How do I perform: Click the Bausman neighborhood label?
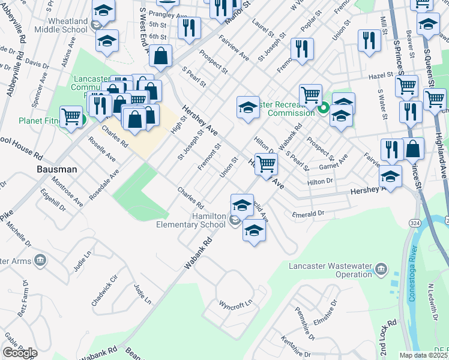coord(56,169)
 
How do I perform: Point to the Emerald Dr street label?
coord(308,213)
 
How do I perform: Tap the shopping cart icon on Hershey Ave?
coord(265,163)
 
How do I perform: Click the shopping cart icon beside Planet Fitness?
coord(71,116)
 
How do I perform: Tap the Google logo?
coord(20,353)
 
